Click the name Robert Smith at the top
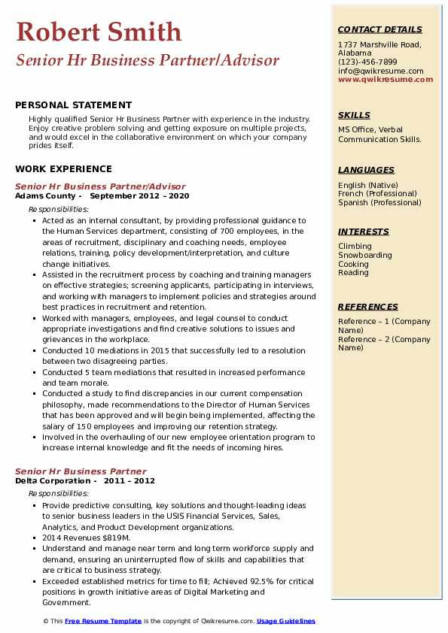[99, 32]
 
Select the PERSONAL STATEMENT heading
[73, 105]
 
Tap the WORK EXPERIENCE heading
[63, 169]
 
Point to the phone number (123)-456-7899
[367, 62]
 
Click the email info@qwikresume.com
[380, 71]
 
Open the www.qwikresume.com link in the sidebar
[386, 80]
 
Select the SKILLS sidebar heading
[354, 115]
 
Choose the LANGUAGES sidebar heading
[366, 170]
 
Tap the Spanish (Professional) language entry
[379, 203]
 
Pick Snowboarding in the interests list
[365, 256]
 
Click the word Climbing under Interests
[355, 247]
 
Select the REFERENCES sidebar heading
[368, 307]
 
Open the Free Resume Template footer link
[103, 622]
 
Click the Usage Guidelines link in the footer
[286, 622]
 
